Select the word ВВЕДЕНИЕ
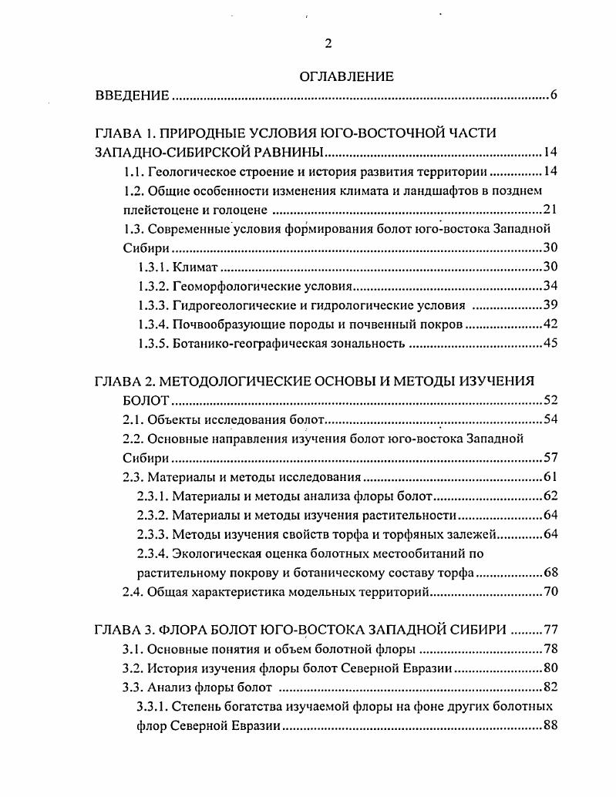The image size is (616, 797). pyautogui.click(x=132, y=96)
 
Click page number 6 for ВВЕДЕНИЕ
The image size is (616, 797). pyautogui.click(x=554, y=96)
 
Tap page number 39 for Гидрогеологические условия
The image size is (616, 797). pyautogui.click(x=549, y=305)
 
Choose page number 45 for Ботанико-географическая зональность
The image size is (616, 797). pyautogui.click(x=549, y=344)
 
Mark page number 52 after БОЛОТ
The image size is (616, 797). pyautogui.click(x=549, y=401)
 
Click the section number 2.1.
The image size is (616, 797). pyautogui.click(x=133, y=419)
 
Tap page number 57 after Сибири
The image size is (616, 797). pyautogui.click(x=549, y=458)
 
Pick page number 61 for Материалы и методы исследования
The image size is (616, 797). pyautogui.click(x=549, y=476)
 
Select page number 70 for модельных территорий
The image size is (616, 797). pyautogui.click(x=549, y=592)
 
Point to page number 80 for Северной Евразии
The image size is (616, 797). pyautogui.click(x=549, y=668)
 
